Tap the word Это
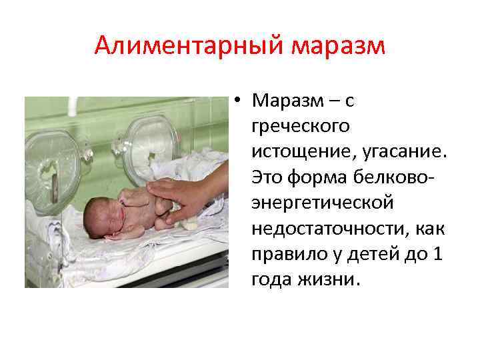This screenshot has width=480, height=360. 266,177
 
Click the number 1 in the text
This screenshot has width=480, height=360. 437,253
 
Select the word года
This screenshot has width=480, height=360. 269,279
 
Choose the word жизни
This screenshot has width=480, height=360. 328,279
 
